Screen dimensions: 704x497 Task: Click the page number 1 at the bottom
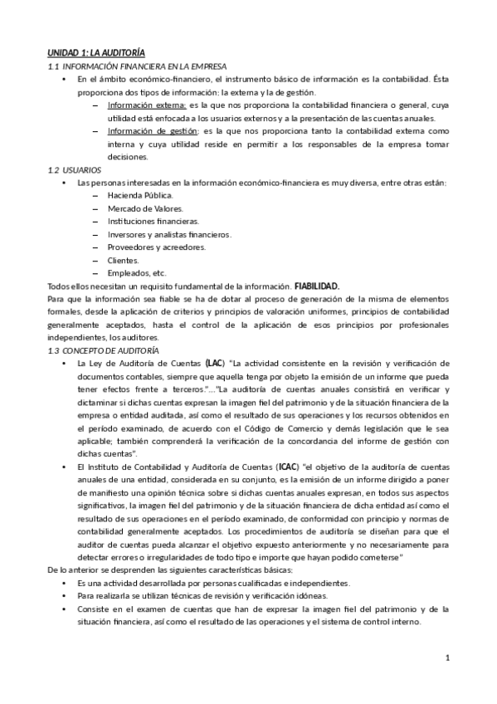click(447, 658)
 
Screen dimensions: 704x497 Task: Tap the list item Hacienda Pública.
click(139, 195)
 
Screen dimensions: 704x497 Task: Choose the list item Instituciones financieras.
click(153, 222)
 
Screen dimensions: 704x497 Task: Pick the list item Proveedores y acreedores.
click(156, 247)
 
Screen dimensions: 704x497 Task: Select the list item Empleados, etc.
click(136, 273)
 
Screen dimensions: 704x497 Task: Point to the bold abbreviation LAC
click(215, 364)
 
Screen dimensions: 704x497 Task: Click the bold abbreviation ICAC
click(288, 468)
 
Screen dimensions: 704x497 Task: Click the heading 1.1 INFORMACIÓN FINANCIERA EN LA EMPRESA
click(137, 66)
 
